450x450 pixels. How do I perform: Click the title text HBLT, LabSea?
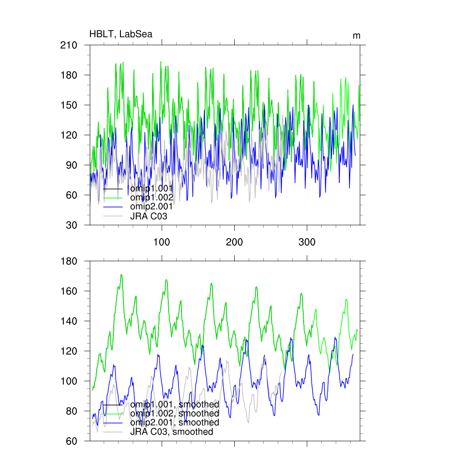[121, 34]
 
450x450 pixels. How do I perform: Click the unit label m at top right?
[356, 36]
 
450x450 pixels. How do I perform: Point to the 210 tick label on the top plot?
[69, 45]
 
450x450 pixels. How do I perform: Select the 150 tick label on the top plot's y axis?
[69, 105]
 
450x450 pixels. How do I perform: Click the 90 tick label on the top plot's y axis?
[72, 165]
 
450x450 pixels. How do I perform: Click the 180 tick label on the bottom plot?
[69, 261]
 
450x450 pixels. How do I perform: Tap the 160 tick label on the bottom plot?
[69, 291]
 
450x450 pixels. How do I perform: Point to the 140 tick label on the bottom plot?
[69, 321]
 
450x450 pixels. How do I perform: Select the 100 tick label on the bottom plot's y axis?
[69, 381]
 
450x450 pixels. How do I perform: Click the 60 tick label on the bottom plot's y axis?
[72, 441]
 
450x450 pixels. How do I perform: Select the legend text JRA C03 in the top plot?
[149, 216]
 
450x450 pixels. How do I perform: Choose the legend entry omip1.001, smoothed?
[174, 404]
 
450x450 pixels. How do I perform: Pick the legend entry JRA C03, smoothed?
[171, 432]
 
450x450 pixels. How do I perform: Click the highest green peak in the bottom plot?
[121, 275]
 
